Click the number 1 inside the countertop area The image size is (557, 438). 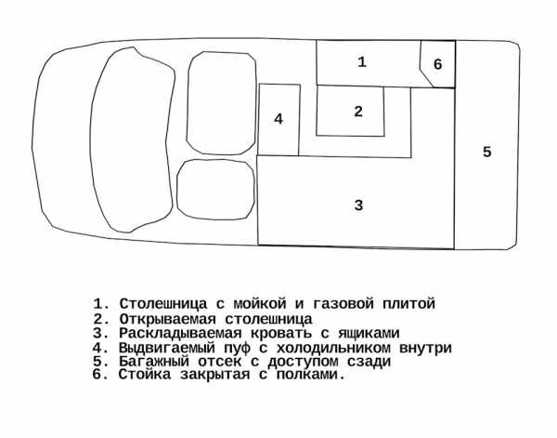tap(362, 62)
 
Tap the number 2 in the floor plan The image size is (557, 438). tap(358, 112)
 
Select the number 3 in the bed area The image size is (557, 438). tap(358, 205)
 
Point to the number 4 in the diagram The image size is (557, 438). tap(278, 119)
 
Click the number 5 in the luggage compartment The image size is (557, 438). tap(486, 152)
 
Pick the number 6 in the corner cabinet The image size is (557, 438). tap(437, 64)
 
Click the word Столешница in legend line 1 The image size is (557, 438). tap(162, 304)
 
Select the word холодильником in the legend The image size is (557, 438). tap(333, 348)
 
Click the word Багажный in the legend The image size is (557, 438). tap(154, 362)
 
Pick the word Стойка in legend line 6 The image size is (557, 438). tap(145, 375)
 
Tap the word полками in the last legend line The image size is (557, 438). tap(307, 375)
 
